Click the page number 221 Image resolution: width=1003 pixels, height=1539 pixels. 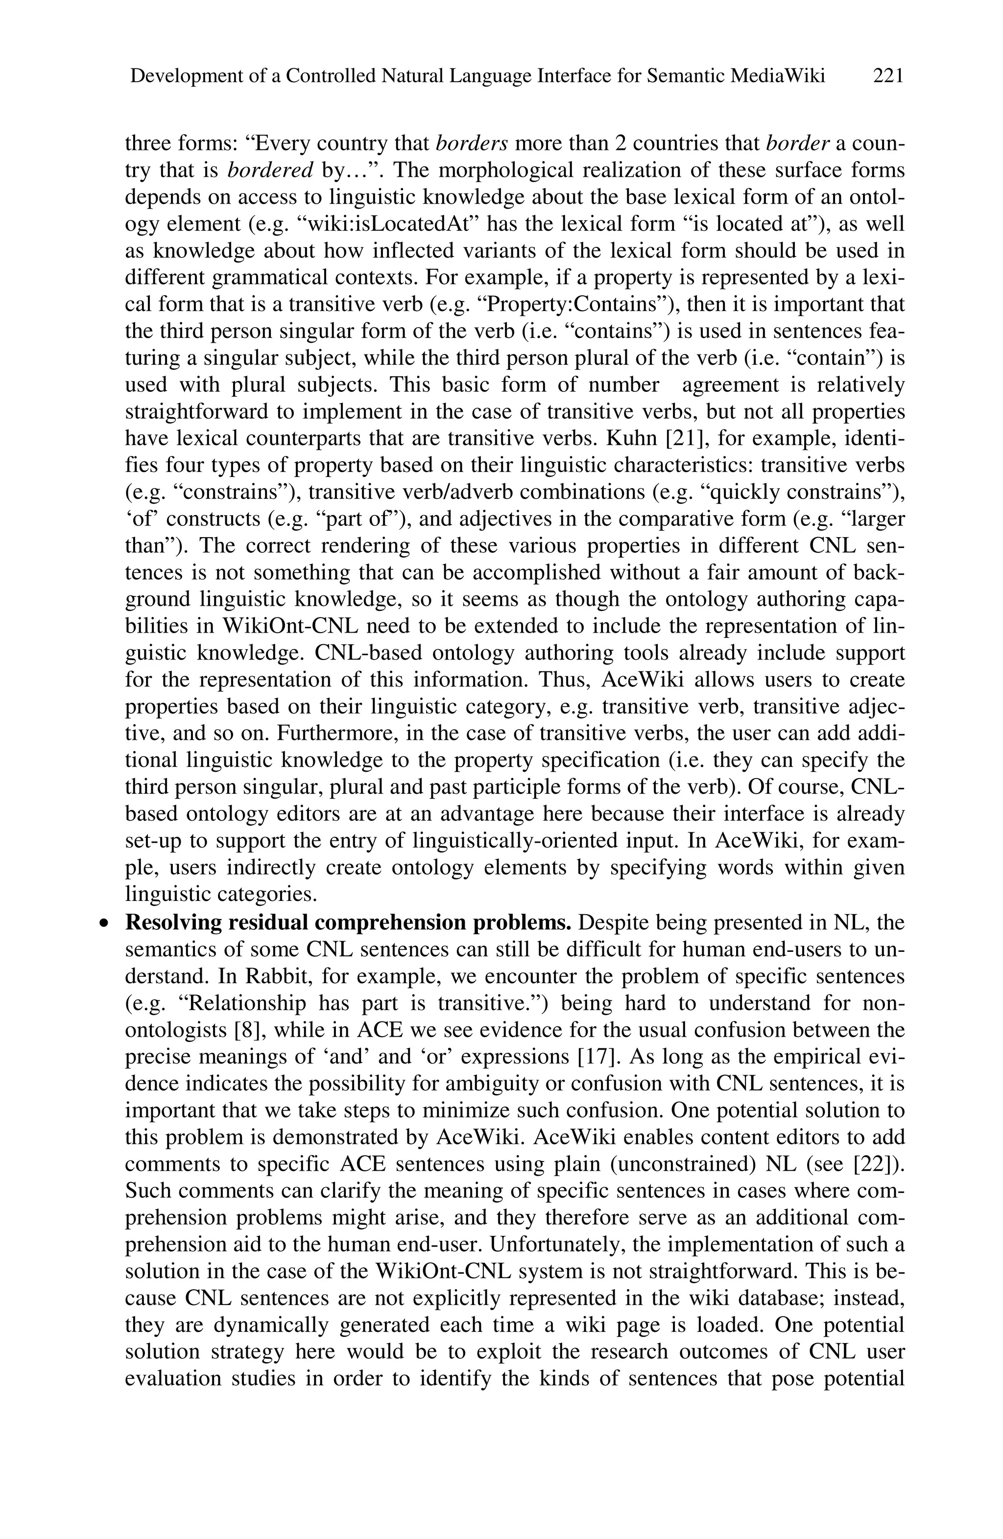pyautogui.click(x=887, y=76)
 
